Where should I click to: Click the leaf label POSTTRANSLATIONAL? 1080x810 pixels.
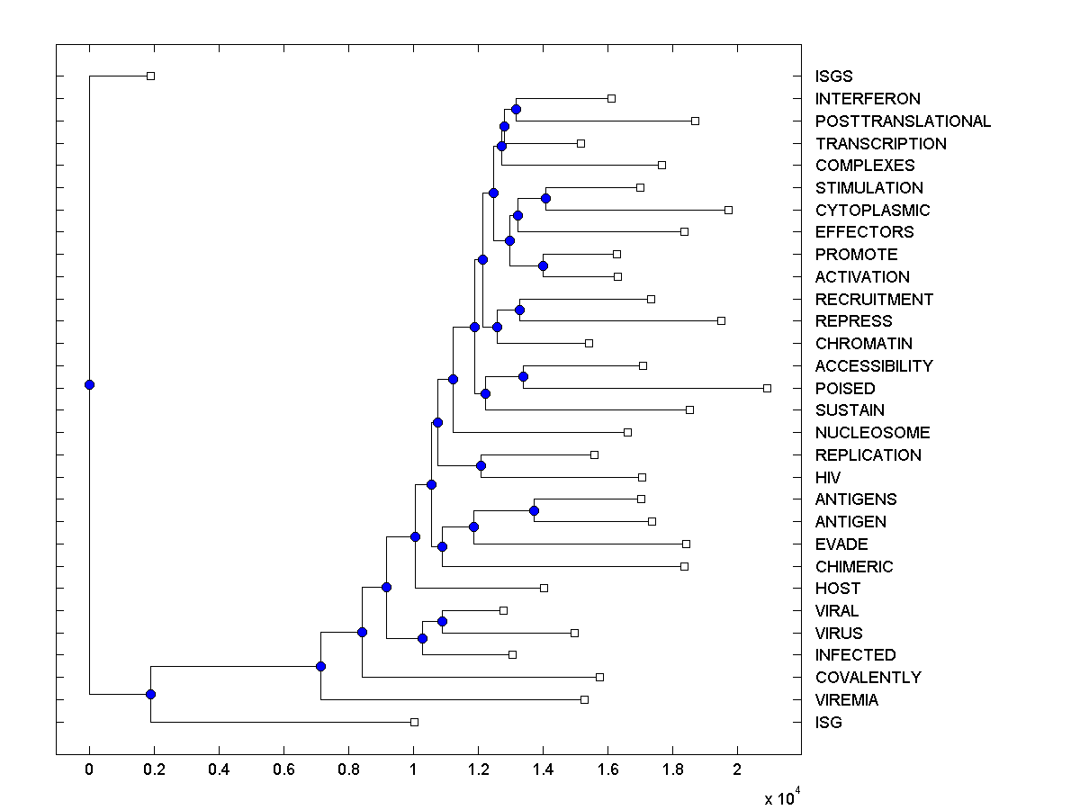[x=903, y=121]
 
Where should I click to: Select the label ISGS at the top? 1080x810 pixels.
[x=833, y=76]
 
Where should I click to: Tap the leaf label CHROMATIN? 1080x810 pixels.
[x=863, y=344]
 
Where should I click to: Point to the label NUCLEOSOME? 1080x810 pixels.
[x=872, y=433]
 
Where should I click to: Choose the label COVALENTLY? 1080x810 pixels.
[x=868, y=678]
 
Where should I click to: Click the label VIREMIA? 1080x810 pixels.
[x=846, y=700]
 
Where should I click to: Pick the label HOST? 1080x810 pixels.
[x=837, y=589]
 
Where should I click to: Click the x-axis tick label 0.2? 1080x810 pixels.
[x=154, y=770]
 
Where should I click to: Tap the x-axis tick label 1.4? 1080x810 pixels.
[x=543, y=770]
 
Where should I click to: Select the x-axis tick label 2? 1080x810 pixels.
[x=737, y=770]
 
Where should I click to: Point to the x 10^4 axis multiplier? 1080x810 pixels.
[x=779, y=798]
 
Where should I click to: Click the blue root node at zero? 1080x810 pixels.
[x=89, y=384]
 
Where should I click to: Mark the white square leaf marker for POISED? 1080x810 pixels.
[x=767, y=388]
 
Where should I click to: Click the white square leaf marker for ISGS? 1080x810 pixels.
[x=150, y=76]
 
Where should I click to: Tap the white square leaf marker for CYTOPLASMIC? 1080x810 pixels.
[x=728, y=210]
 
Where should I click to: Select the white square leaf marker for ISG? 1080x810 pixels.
[x=414, y=722]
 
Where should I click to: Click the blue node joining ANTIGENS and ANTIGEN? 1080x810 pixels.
[x=534, y=510]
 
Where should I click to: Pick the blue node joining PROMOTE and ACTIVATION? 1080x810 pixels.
[x=543, y=265]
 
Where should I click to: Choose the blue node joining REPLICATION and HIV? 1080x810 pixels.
[x=481, y=465]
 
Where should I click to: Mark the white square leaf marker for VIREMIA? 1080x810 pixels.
[x=584, y=699]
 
